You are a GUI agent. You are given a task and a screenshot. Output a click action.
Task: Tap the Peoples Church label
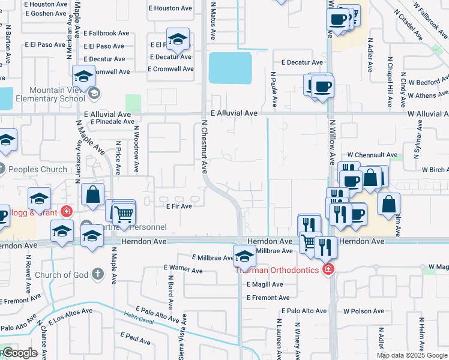tap(37, 169)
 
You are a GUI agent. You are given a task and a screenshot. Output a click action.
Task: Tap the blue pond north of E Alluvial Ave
tap(230, 68)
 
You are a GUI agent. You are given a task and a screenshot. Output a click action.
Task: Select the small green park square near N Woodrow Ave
tap(133, 103)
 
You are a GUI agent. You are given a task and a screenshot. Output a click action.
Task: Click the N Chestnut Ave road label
tap(204, 147)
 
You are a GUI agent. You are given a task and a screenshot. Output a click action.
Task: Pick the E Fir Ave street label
tap(179, 206)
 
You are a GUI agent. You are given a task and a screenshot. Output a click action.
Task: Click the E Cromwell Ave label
tap(171, 69)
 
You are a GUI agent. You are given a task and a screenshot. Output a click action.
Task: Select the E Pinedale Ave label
tap(112, 121)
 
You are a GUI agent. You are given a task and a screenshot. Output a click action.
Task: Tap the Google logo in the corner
tap(19, 353)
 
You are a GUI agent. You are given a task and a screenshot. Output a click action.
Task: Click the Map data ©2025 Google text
tap(412, 355)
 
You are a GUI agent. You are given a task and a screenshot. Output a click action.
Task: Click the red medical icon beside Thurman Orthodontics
tap(328, 269)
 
